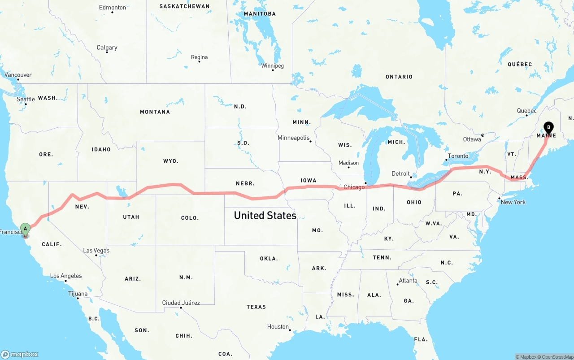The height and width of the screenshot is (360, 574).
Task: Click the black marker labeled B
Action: click(548, 128)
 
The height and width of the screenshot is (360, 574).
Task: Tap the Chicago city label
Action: click(354, 187)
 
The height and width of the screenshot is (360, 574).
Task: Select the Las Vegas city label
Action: click(96, 251)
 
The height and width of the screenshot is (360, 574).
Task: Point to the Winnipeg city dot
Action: click(273, 70)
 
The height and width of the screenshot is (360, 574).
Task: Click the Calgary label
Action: click(107, 48)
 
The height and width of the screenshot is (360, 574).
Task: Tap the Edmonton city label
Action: click(112, 8)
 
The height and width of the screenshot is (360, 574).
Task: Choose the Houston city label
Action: click(278, 327)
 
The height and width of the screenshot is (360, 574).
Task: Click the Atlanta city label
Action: click(408, 281)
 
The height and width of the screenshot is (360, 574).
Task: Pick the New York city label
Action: click(513, 202)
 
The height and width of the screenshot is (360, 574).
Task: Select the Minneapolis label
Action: click(293, 138)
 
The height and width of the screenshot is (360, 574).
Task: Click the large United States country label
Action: click(265, 216)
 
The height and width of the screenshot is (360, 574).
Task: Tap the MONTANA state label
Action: click(155, 112)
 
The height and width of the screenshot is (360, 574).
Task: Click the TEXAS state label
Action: click(256, 307)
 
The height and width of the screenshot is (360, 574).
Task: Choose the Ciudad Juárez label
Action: click(181, 303)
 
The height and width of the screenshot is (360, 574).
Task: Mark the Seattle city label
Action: click(26, 99)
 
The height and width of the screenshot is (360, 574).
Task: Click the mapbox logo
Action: click(20, 354)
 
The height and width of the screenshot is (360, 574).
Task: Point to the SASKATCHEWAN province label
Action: click(184, 6)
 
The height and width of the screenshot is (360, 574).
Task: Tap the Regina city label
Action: click(199, 57)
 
